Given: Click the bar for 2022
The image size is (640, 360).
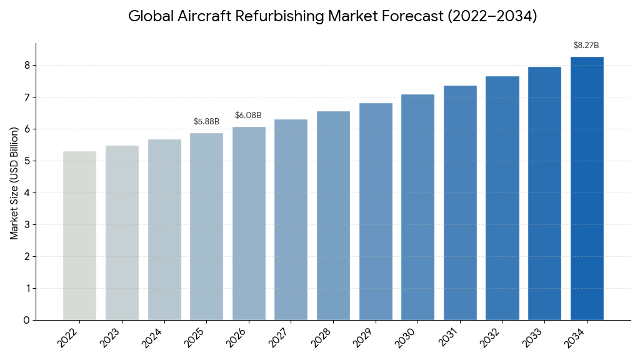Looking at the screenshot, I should pos(79,236).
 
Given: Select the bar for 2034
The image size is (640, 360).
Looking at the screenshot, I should pos(587,188).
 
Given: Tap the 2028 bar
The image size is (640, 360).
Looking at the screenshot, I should pos(333,216).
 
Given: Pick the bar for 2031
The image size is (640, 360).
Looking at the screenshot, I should pos(460,202).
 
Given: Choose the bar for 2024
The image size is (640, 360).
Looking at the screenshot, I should pos(164,229).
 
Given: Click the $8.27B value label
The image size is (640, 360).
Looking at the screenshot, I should pos(586,46).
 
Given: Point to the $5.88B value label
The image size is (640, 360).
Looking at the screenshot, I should pos(206,121).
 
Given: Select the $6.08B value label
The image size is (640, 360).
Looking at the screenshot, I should pos(248,116).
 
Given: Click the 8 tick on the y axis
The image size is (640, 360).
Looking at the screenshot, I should pos(26,65).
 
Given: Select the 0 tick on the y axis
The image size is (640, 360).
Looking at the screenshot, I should pos(26,320).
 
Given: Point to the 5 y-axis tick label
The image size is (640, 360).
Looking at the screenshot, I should pos(26,161).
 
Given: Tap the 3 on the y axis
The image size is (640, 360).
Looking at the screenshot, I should pos(26,224).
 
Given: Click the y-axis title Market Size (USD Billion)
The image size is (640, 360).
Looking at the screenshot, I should pos(14,182).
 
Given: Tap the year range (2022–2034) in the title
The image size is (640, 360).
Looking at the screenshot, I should pos(492,16).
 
